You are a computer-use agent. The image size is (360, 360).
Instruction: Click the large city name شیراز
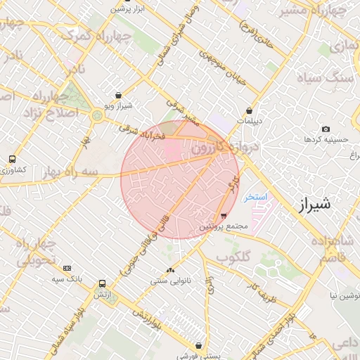[314, 205]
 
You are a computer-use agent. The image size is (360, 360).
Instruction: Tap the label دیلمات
[249, 121]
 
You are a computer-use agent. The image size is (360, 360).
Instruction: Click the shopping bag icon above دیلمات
[250, 110]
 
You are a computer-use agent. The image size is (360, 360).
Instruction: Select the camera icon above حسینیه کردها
[326, 129]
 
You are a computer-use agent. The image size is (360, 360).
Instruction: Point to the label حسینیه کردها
[326, 139]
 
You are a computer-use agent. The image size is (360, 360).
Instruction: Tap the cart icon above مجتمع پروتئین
[223, 215]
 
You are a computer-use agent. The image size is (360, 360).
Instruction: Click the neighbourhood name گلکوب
[233, 257]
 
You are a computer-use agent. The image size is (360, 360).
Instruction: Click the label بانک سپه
[67, 279]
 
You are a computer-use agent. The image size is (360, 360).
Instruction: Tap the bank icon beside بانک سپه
[67, 268]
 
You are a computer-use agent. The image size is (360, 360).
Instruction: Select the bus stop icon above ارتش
[103, 284]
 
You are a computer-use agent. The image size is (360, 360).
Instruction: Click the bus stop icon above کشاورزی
[12, 160]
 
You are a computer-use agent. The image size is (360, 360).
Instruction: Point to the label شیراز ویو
[118, 105]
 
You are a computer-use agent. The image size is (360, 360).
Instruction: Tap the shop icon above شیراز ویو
[117, 95]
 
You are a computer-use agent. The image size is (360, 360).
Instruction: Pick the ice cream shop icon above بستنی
[200, 345]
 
